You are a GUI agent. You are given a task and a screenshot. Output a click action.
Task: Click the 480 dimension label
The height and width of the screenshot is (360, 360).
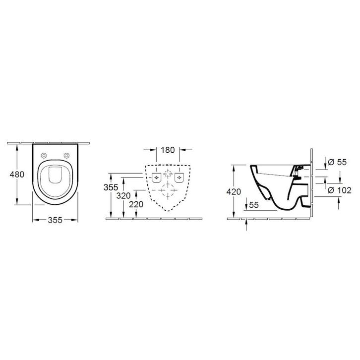17,175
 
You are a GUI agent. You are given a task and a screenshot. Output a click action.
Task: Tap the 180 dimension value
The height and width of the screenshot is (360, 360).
168,150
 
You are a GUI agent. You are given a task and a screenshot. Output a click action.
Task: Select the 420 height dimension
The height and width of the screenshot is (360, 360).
234,191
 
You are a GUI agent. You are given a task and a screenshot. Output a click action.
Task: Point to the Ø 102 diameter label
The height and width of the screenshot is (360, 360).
339,190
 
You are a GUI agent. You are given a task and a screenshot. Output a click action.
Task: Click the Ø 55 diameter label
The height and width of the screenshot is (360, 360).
337,162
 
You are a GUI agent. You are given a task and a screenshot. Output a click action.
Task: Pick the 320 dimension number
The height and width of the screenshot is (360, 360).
123,196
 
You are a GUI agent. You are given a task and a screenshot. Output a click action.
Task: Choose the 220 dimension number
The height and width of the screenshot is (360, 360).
136,204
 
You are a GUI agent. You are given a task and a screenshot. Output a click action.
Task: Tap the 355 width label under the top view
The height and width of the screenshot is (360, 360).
55,220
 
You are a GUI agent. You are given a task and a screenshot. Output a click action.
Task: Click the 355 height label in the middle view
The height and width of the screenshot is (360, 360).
111,187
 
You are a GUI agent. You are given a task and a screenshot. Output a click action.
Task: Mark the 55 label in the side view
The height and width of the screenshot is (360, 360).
254,205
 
